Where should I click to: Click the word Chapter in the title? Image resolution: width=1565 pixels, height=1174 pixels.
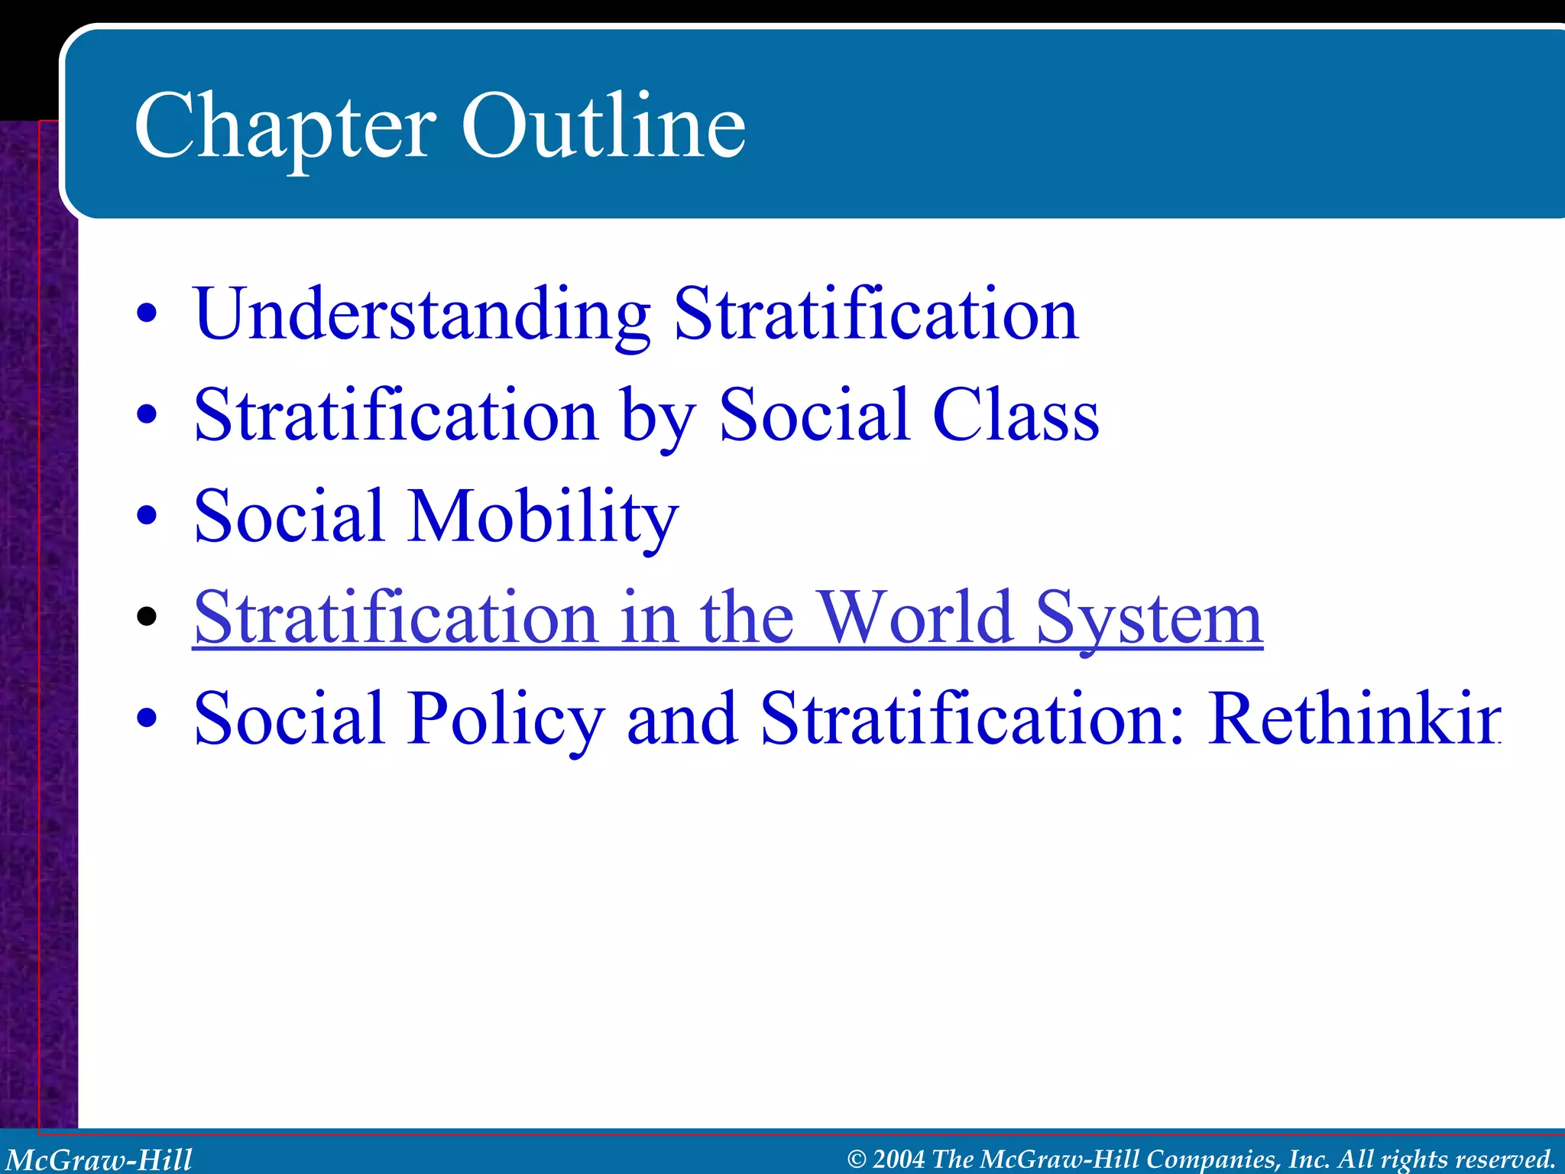[284, 126]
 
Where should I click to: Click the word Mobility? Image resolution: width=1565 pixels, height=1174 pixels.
[543, 517]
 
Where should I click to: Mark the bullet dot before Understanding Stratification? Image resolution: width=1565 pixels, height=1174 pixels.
[147, 313]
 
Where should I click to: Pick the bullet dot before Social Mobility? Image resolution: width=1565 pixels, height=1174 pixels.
[147, 516]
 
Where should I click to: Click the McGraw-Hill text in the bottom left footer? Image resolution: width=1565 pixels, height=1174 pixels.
[99, 1159]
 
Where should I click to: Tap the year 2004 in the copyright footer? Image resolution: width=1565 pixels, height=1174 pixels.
[899, 1159]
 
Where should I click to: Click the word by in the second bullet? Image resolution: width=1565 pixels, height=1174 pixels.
[657, 417]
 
